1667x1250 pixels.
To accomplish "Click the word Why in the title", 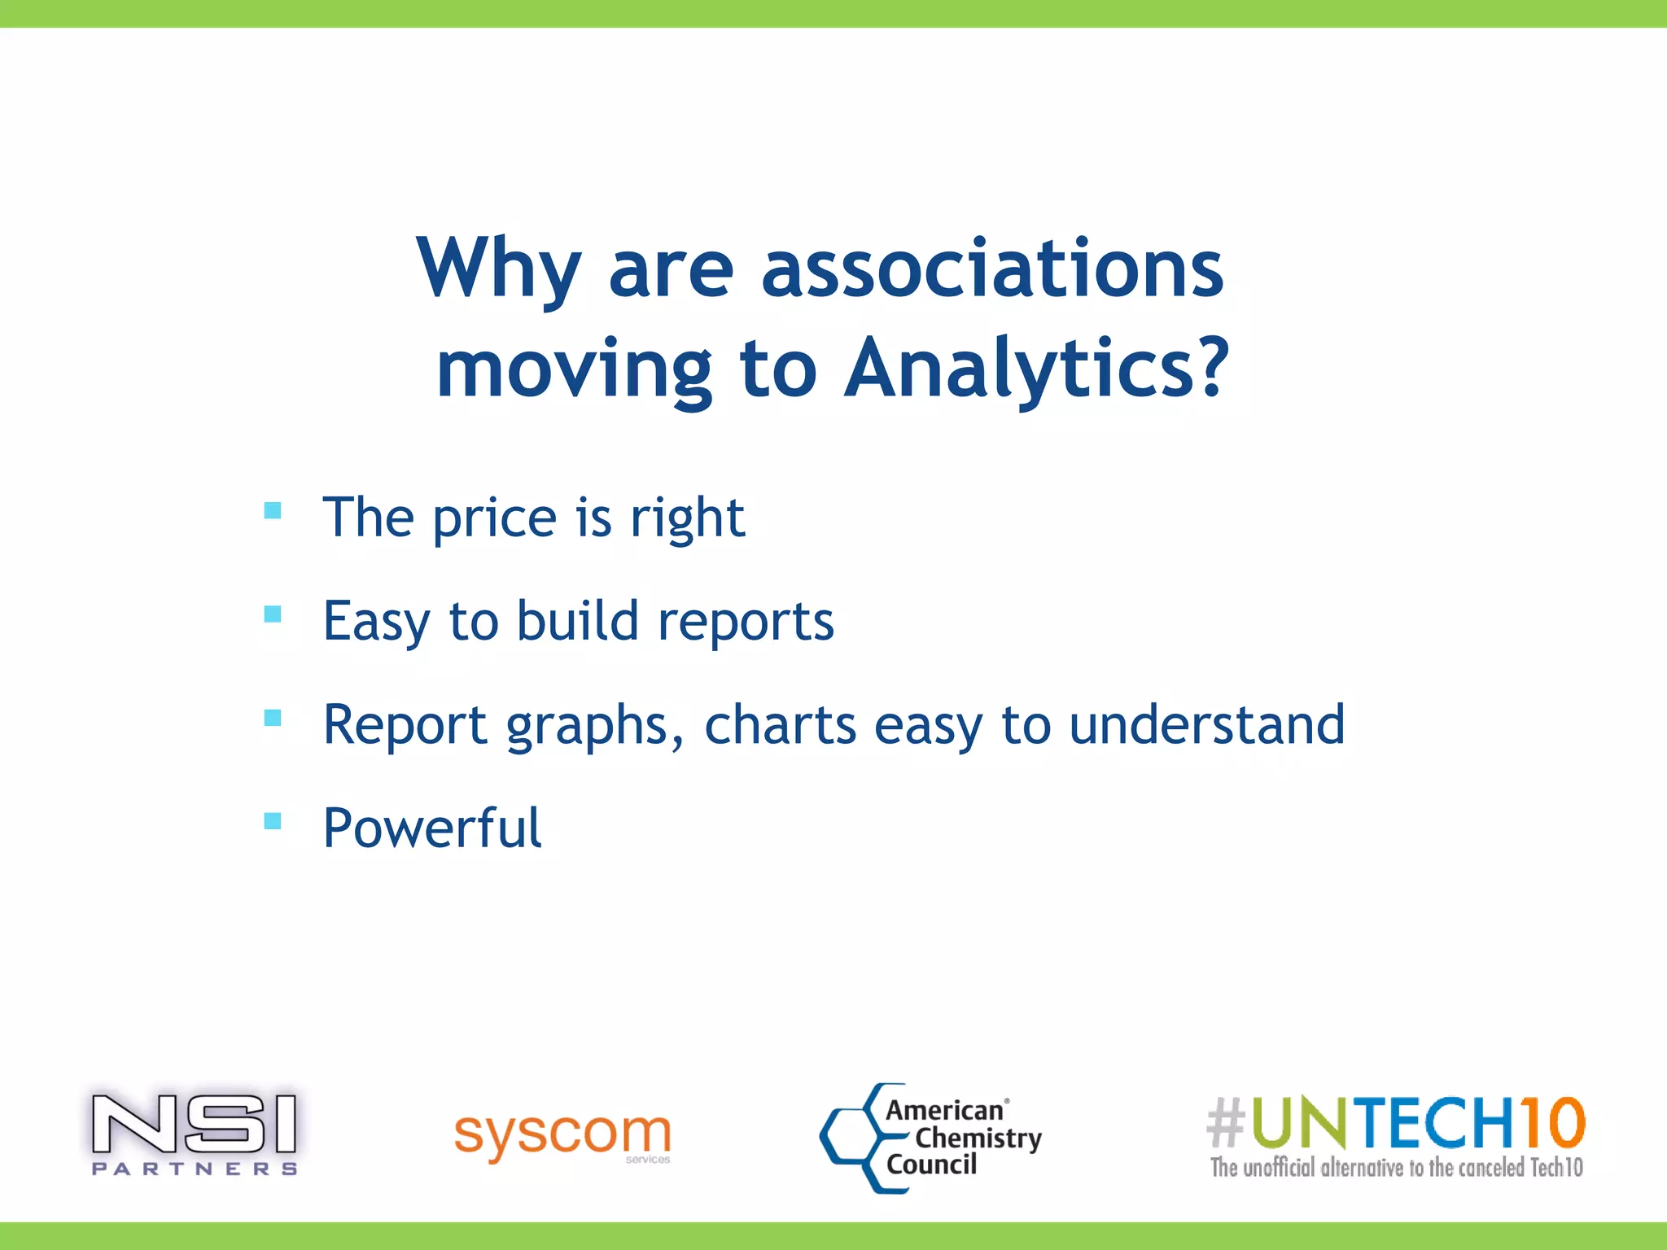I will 498,269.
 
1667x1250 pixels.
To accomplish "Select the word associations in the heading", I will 992,269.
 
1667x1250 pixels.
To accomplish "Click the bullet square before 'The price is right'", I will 273,511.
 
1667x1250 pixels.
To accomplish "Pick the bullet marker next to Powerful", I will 273,820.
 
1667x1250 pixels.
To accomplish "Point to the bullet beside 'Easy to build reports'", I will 273,614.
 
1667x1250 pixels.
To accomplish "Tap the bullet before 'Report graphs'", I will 273,718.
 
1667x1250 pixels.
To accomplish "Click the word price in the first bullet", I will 494,518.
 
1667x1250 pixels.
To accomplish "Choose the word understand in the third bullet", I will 1206,724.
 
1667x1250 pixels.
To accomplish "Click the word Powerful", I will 432,828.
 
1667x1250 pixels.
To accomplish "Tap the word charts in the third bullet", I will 780,724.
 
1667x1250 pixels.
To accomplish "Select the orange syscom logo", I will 562,1134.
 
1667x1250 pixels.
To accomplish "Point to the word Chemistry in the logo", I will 978,1138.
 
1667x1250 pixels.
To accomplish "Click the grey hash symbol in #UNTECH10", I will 1226,1122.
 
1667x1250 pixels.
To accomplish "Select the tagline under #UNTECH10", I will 1396,1168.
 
